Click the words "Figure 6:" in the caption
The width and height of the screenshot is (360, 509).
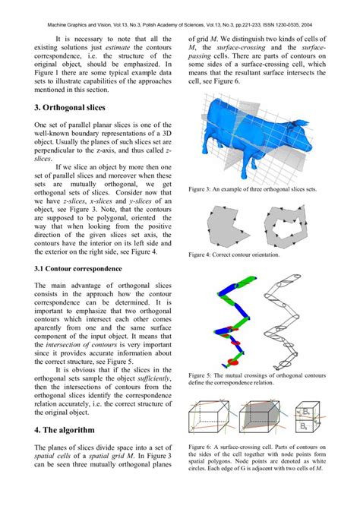(201, 447)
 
